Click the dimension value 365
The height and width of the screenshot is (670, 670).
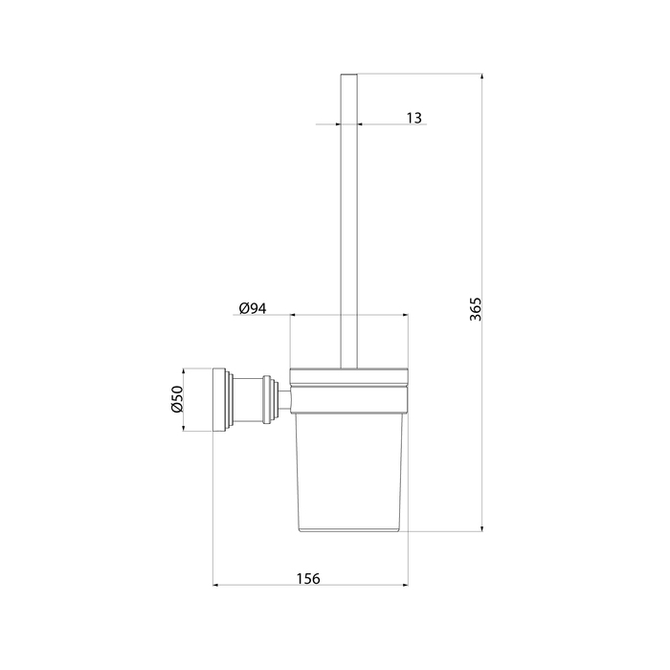point(475,309)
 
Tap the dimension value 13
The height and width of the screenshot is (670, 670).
point(413,118)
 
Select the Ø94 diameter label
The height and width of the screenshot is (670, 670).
point(253,308)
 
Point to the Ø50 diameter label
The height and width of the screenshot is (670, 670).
point(177,399)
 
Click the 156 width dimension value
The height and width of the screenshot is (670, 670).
point(308,578)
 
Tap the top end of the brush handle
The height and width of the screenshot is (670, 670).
point(348,75)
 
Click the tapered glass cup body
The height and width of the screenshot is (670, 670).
point(349,473)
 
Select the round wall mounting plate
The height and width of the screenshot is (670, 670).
point(219,399)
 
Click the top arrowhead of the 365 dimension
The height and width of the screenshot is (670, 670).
point(482,77)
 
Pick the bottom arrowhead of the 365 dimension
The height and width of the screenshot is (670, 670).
point(482,528)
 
